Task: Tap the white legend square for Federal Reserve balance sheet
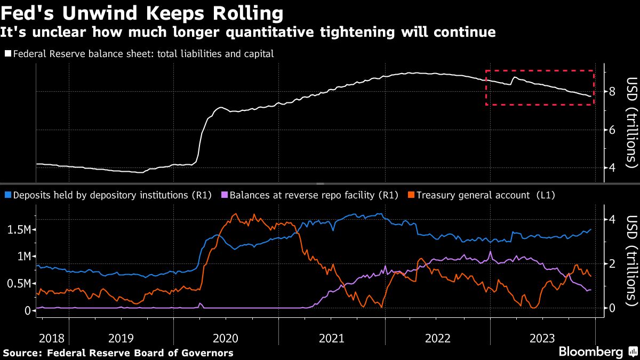(x=7, y=54)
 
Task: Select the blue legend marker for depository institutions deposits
(x=7, y=195)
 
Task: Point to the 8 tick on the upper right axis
(x=612, y=92)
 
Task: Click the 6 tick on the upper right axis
(x=612, y=130)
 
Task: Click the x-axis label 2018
(x=52, y=338)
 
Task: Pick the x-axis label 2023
(x=543, y=338)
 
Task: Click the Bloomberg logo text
(x=591, y=352)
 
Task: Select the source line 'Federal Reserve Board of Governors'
(x=140, y=353)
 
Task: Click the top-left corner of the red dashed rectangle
(x=486, y=70)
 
